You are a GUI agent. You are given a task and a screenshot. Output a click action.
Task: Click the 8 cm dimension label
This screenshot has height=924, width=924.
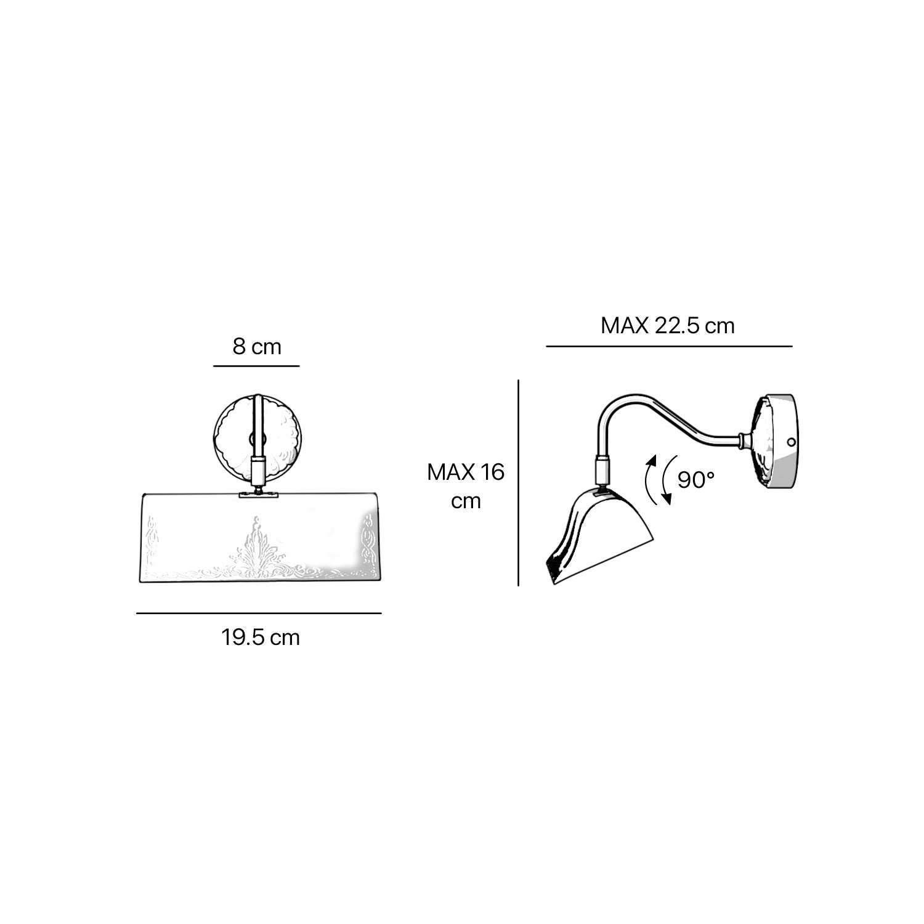click(x=257, y=347)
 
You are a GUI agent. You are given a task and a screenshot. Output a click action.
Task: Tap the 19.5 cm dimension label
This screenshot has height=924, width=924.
click(x=261, y=637)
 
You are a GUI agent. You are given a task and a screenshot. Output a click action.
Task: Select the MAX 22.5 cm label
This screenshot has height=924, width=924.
click(x=668, y=325)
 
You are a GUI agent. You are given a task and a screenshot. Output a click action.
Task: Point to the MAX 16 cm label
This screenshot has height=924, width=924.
click(x=466, y=487)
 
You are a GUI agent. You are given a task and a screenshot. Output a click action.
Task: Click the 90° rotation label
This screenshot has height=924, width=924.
click(x=696, y=479)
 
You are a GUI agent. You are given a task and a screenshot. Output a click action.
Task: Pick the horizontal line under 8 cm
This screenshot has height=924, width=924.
click(x=256, y=366)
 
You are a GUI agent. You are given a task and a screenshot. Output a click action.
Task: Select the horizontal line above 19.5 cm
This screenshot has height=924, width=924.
click(x=259, y=613)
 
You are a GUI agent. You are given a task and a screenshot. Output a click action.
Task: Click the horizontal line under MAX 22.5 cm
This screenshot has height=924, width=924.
click(x=669, y=346)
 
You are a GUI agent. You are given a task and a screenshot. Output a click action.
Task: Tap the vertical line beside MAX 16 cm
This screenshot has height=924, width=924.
click(x=519, y=482)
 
